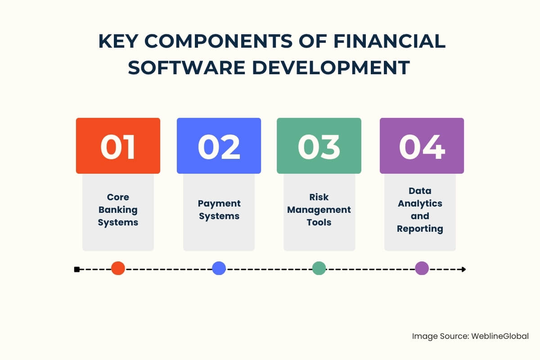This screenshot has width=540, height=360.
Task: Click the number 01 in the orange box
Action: (117, 147)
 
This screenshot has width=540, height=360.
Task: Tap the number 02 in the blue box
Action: (219, 147)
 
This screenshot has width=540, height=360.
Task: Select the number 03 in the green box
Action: (319, 147)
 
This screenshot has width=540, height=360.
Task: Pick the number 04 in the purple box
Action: (422, 147)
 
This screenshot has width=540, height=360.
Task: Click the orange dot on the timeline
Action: (118, 268)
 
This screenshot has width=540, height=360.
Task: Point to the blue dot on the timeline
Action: (219, 268)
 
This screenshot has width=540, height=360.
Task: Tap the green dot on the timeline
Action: (319, 268)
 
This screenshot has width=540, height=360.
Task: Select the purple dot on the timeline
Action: (422, 268)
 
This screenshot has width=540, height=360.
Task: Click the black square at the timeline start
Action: (77, 270)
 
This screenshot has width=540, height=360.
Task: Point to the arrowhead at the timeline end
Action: (463, 270)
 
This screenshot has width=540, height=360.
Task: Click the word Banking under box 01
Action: (118, 210)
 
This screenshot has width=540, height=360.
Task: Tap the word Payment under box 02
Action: (219, 204)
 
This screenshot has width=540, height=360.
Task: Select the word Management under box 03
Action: (319, 210)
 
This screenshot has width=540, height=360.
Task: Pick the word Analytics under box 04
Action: (420, 204)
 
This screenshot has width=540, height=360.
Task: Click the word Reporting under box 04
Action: (420, 229)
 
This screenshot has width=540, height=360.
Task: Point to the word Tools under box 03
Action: (319, 222)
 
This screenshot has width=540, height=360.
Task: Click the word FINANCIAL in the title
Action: (390, 41)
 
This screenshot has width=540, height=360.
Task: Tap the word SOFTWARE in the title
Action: (187, 67)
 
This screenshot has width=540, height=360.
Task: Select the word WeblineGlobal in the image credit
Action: (500, 336)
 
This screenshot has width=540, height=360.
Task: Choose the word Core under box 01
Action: (118, 197)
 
